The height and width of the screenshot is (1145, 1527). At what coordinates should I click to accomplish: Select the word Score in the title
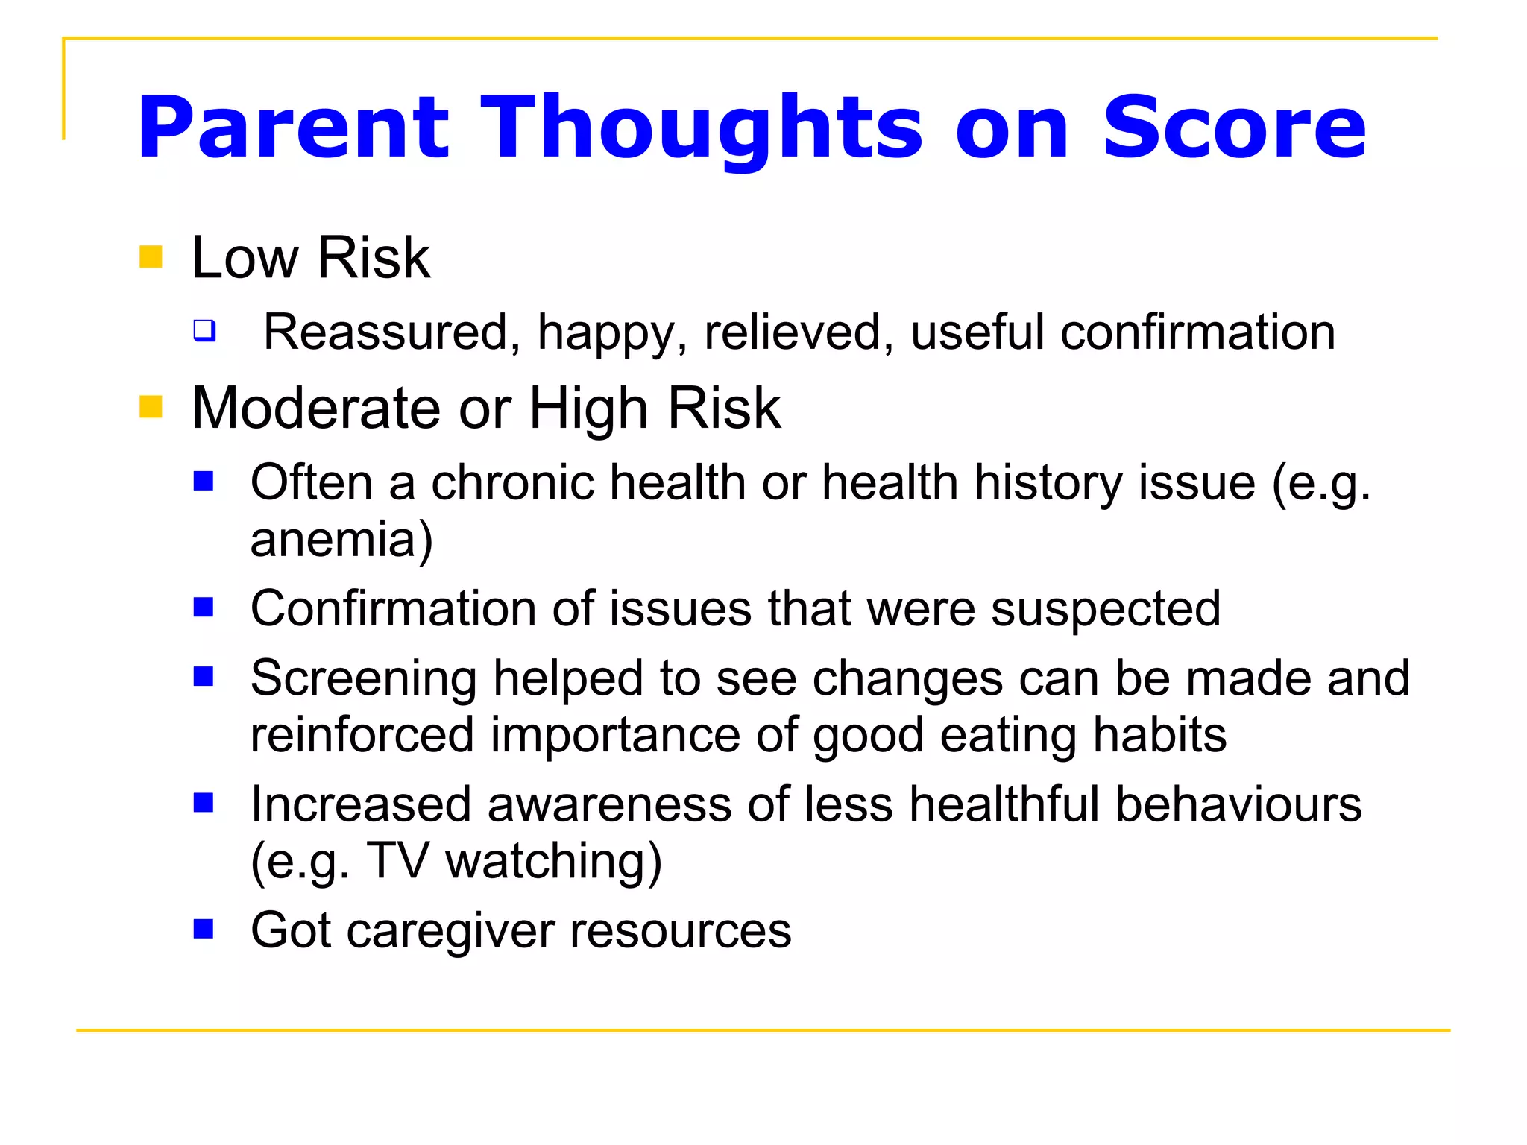(x=1234, y=128)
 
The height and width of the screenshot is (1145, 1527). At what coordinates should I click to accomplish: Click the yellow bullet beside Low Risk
(x=151, y=257)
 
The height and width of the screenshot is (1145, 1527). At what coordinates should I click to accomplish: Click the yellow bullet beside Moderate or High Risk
(x=151, y=408)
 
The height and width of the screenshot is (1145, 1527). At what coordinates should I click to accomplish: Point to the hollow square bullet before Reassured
(x=204, y=330)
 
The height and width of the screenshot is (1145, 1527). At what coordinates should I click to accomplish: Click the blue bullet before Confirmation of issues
(x=204, y=608)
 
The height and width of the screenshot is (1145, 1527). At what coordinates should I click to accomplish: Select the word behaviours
(x=1238, y=805)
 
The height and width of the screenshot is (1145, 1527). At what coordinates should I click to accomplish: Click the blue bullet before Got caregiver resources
(x=204, y=929)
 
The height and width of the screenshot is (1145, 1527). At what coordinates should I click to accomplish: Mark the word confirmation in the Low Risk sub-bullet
(x=1197, y=332)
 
